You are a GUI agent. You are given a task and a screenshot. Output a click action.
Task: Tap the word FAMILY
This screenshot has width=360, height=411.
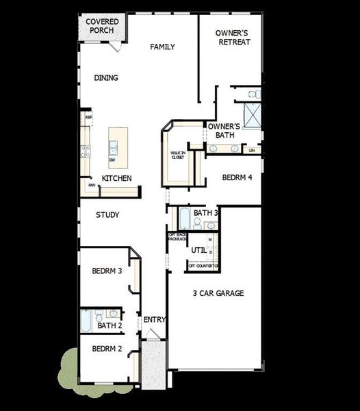click(x=163, y=47)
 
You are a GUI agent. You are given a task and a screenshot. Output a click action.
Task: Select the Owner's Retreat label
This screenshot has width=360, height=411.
click(x=233, y=37)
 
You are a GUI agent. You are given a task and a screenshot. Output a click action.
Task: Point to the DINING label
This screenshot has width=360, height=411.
click(x=106, y=78)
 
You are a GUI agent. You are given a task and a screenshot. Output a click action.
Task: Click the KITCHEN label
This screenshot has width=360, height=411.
click(x=117, y=179)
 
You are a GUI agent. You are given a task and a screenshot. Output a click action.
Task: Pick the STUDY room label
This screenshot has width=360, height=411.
click(x=107, y=215)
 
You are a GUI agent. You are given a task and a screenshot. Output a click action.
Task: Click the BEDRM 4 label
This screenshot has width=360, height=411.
click(x=237, y=177)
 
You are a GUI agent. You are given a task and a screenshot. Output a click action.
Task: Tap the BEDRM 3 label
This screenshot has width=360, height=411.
click(x=107, y=271)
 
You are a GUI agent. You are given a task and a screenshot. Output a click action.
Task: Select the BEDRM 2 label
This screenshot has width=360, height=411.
click(x=107, y=349)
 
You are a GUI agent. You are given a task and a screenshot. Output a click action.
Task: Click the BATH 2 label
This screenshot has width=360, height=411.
click(x=110, y=325)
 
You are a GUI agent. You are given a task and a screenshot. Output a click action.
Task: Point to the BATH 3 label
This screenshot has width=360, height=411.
click(x=205, y=213)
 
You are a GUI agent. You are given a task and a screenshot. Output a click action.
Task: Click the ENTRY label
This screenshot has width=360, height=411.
click(x=155, y=320)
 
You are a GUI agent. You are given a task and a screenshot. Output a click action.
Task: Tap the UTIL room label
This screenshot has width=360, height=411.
click(x=199, y=250)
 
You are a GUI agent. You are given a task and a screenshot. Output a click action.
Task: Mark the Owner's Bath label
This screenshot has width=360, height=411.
click(x=224, y=131)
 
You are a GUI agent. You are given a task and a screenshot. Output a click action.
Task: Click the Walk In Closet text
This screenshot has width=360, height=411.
click(x=177, y=154)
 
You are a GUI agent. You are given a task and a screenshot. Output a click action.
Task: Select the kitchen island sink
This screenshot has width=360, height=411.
click(x=112, y=146)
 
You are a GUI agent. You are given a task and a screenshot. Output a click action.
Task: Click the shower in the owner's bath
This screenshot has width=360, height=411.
click(x=253, y=115)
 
